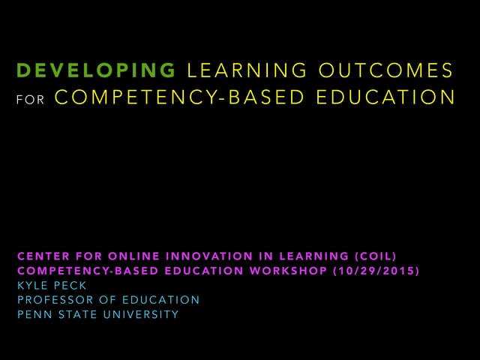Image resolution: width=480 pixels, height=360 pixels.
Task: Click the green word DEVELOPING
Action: (95, 71)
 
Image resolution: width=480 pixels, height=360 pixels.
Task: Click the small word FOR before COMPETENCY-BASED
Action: (28, 99)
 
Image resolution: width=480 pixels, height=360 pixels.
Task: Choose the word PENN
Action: (31, 314)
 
